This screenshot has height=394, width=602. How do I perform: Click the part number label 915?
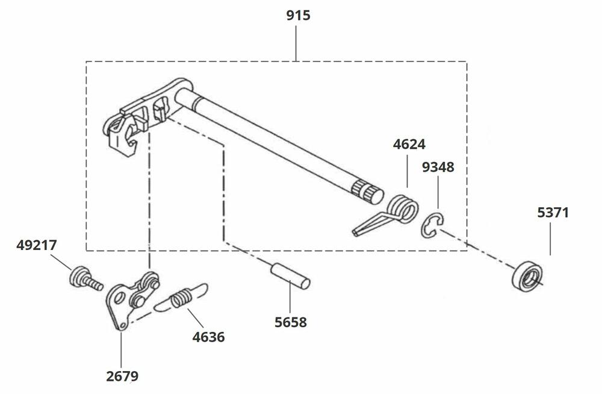point(298,15)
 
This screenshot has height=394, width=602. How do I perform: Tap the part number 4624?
point(409,145)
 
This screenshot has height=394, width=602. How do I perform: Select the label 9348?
point(438,167)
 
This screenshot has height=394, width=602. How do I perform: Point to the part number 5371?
point(553,213)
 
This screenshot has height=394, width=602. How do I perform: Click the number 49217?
point(38,245)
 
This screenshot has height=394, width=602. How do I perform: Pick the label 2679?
point(122,377)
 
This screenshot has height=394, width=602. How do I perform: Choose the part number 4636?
point(208,337)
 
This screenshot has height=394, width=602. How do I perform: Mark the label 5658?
point(290,322)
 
